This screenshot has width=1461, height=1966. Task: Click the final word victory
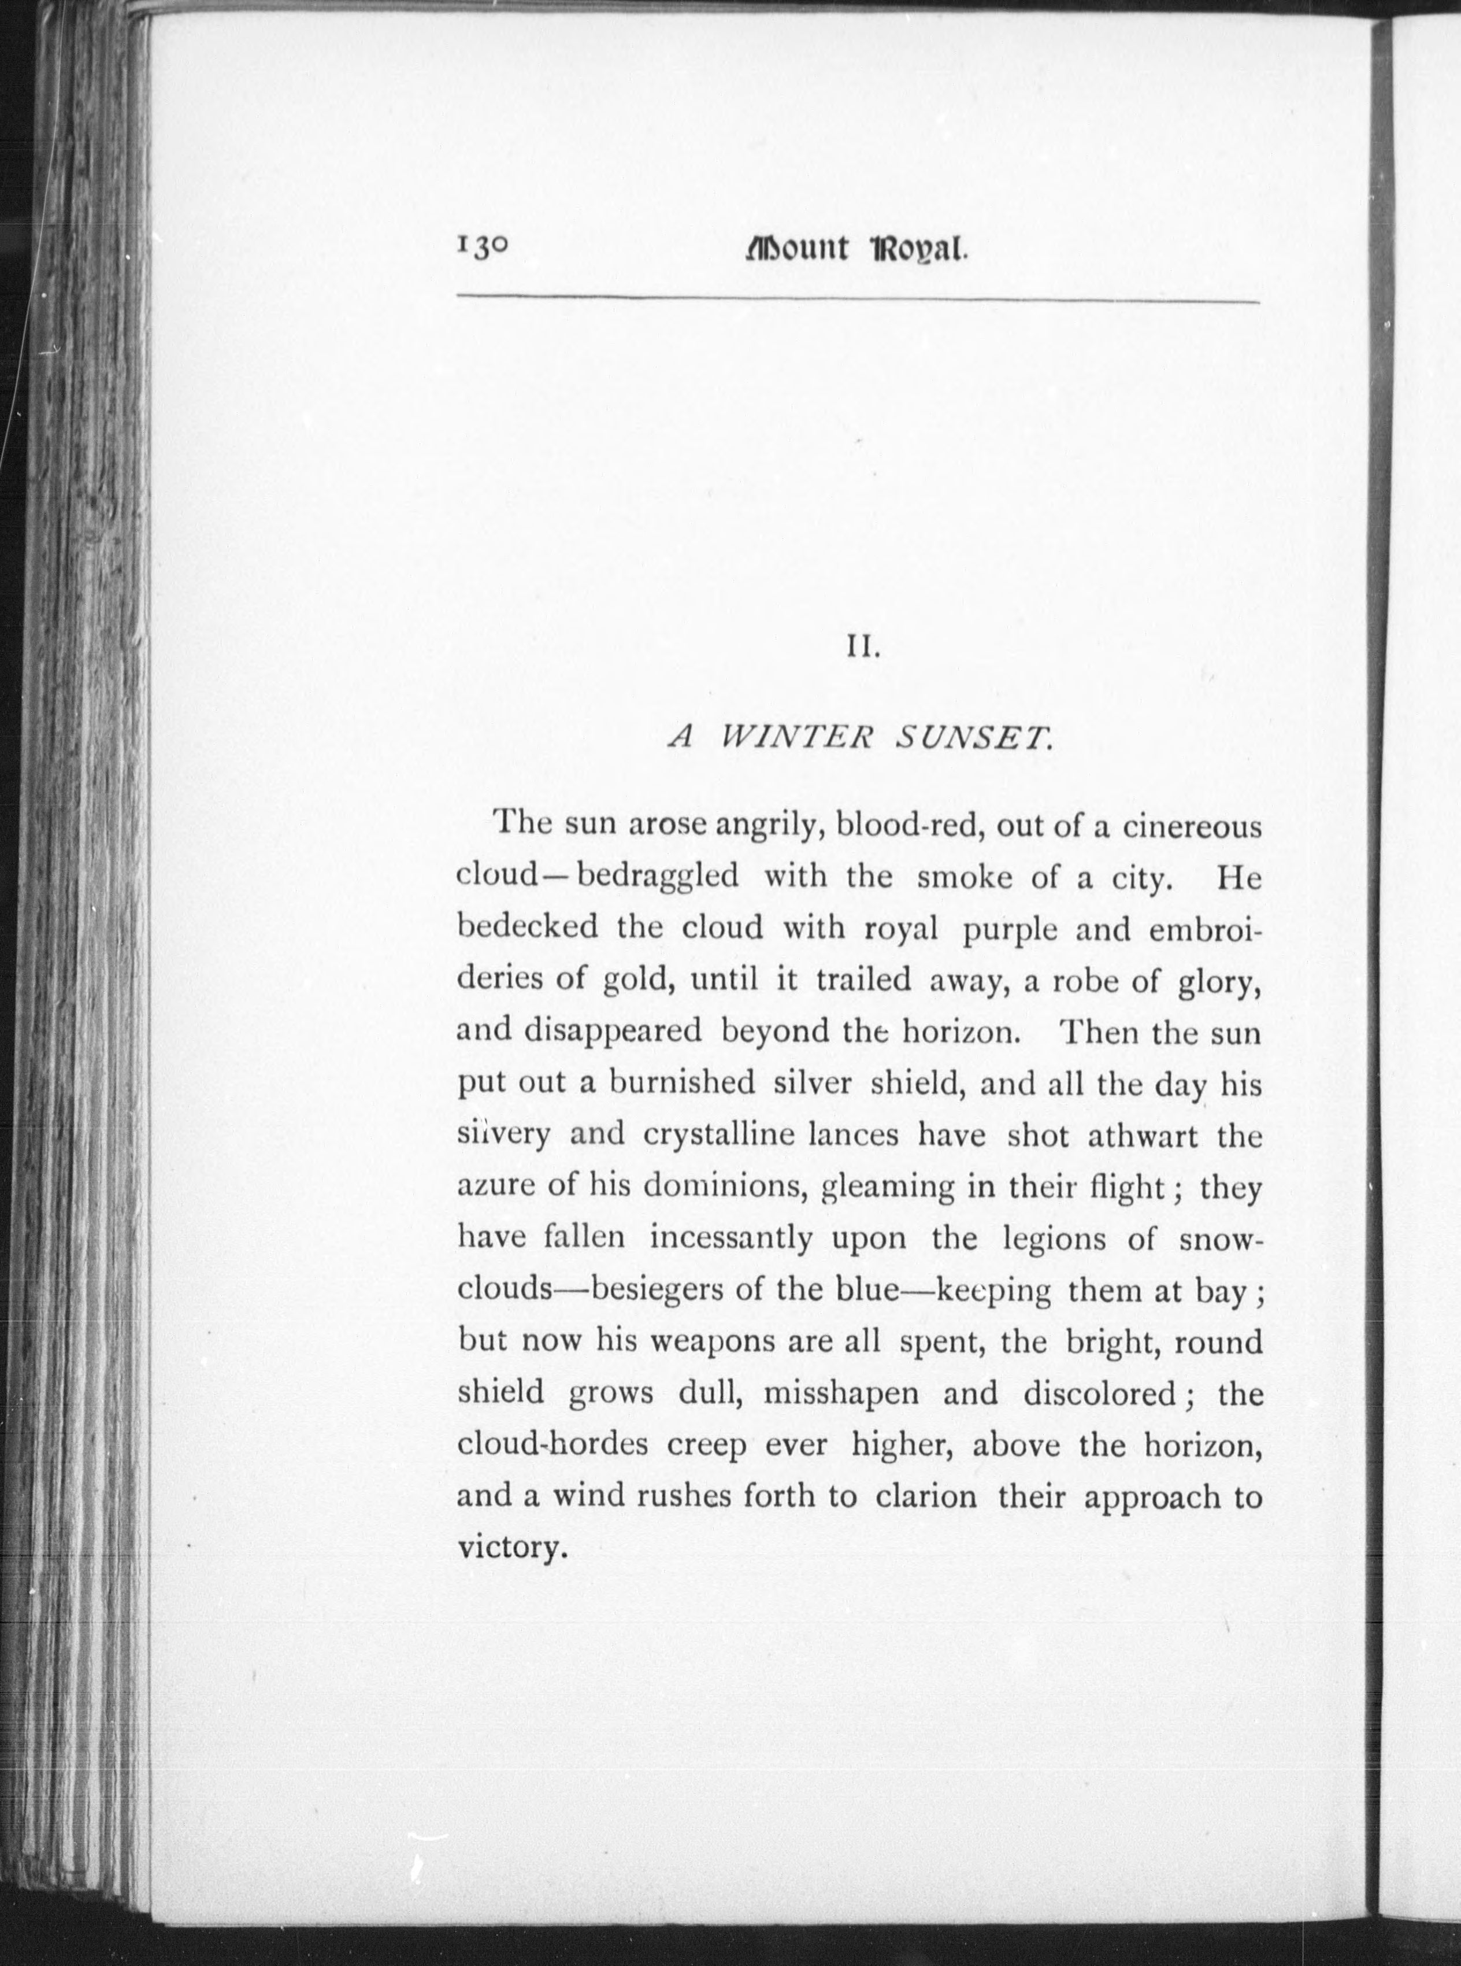510,1549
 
